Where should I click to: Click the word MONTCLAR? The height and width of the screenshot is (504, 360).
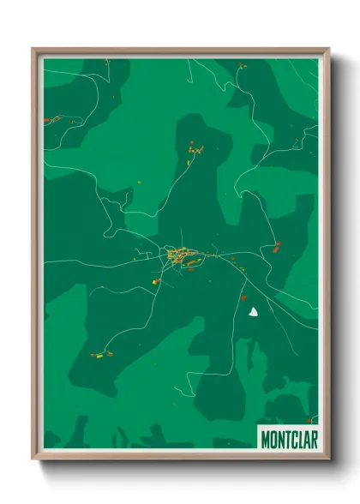pyautogui.click(x=286, y=436)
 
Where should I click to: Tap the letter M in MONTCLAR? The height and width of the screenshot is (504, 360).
pyautogui.click(x=265, y=436)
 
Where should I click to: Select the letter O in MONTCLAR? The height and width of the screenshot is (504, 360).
pyautogui.click(x=272, y=436)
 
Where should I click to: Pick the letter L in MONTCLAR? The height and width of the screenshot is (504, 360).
pyautogui.click(x=297, y=436)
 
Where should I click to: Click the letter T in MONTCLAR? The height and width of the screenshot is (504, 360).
pyautogui.click(x=285, y=436)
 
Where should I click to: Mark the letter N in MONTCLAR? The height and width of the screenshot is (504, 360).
pyautogui.click(x=279, y=436)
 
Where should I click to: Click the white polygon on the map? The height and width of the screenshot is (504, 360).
pyautogui.click(x=253, y=314)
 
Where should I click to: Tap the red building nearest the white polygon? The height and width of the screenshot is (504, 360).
pyautogui.click(x=243, y=297)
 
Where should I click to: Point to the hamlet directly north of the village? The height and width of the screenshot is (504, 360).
pyautogui.click(x=195, y=152)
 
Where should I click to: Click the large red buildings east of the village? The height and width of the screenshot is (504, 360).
pyautogui.click(x=276, y=249)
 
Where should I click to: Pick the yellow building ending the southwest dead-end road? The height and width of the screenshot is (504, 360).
pyautogui.click(x=154, y=281)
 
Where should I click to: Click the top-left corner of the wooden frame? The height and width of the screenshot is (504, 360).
pyautogui.click(x=33, y=49)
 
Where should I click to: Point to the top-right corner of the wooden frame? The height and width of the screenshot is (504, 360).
pyautogui.click(x=328, y=49)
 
